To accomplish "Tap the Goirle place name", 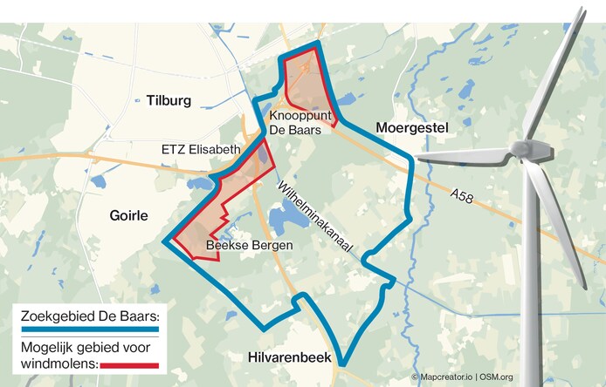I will [130, 215].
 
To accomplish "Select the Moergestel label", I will [411, 128].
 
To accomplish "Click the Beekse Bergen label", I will [249, 246].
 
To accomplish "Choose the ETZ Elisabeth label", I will [201, 150].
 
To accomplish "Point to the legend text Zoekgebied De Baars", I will [86, 316].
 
